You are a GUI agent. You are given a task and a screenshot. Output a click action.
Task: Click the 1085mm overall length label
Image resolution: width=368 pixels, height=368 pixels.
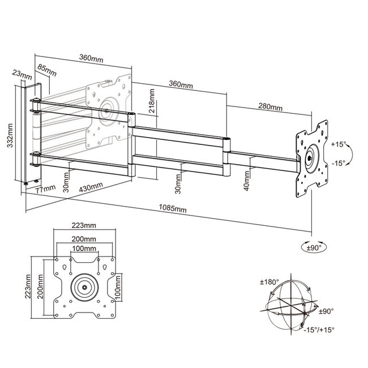174,209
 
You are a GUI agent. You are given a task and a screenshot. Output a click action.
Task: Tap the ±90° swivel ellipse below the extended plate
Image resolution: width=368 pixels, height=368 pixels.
311,247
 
